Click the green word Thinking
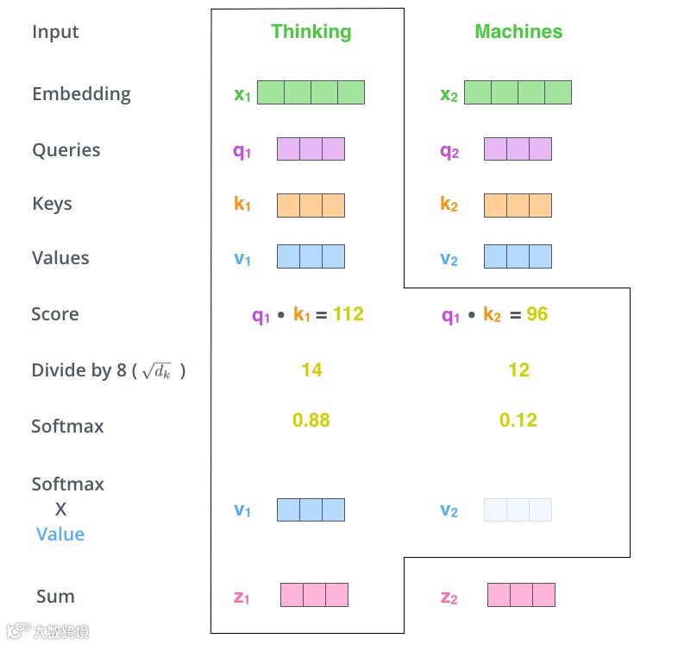tap(311, 32)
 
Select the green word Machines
tap(518, 32)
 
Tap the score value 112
tap(348, 314)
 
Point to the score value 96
tap(537, 314)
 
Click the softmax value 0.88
tap(311, 421)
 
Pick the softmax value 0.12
tap(518, 421)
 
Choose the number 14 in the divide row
tap(311, 370)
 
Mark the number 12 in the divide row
tap(518, 370)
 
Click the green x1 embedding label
tap(242, 94)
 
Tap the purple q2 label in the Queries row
tap(449, 151)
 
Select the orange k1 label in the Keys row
tap(242, 205)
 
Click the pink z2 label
tap(449, 597)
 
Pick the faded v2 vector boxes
tap(518, 509)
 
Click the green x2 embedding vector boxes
tap(518, 92)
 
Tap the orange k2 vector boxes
tap(518, 205)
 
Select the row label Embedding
tap(81, 94)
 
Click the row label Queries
tap(66, 150)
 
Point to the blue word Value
tap(60, 534)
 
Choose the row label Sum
tap(55, 597)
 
